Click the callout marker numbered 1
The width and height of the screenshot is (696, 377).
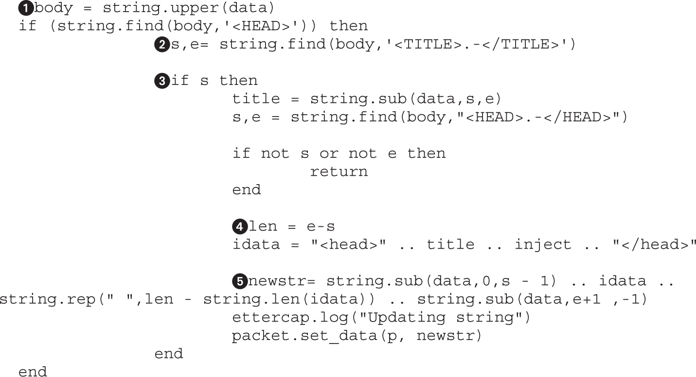(x=26, y=8)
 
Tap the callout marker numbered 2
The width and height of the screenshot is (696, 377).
(x=161, y=45)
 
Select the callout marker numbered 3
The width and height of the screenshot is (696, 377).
(x=161, y=81)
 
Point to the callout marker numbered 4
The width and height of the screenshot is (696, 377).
(x=239, y=226)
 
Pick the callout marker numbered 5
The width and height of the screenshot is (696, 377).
(x=239, y=281)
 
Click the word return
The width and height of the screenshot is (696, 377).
(x=339, y=171)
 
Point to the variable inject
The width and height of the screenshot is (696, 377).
(x=543, y=244)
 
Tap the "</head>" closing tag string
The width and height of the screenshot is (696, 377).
(x=654, y=244)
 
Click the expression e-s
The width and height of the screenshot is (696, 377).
(x=320, y=226)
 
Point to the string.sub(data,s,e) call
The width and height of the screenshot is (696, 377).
(x=406, y=99)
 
